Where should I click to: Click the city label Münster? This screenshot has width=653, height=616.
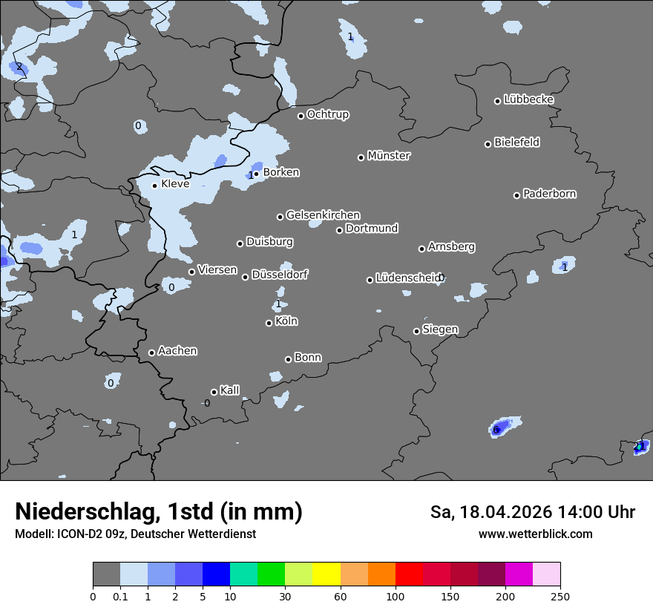pyautogui.click(x=389, y=156)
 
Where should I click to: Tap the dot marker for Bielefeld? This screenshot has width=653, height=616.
pyautogui.click(x=488, y=144)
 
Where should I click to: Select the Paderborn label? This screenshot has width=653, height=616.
pyautogui.click(x=550, y=194)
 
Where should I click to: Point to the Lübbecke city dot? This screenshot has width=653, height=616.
pyautogui.click(x=498, y=101)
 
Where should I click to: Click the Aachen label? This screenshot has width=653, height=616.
pyautogui.click(x=177, y=351)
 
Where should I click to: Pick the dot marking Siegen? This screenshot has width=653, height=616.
pyautogui.click(x=416, y=331)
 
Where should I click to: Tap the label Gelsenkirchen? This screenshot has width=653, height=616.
pyautogui.click(x=323, y=215)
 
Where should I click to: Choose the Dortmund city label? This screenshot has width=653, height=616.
pyautogui.click(x=372, y=229)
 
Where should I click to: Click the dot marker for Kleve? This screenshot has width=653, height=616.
pyautogui.click(x=154, y=186)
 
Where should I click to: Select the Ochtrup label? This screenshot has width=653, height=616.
pyautogui.click(x=328, y=114)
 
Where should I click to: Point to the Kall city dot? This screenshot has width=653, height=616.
pyautogui.click(x=214, y=392)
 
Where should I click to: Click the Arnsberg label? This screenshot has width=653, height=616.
pyautogui.click(x=451, y=247)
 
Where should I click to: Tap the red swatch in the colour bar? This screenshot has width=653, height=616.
pyautogui.click(x=408, y=574)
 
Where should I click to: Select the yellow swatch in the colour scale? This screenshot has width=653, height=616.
pyautogui.click(x=326, y=574)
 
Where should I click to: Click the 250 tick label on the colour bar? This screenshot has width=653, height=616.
pyautogui.click(x=560, y=596)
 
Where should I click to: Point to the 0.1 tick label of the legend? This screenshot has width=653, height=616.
pyautogui.click(x=119, y=596)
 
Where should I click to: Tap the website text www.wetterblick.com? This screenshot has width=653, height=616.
pyautogui.click(x=535, y=534)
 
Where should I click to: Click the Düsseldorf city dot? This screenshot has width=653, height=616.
pyautogui.click(x=245, y=277)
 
